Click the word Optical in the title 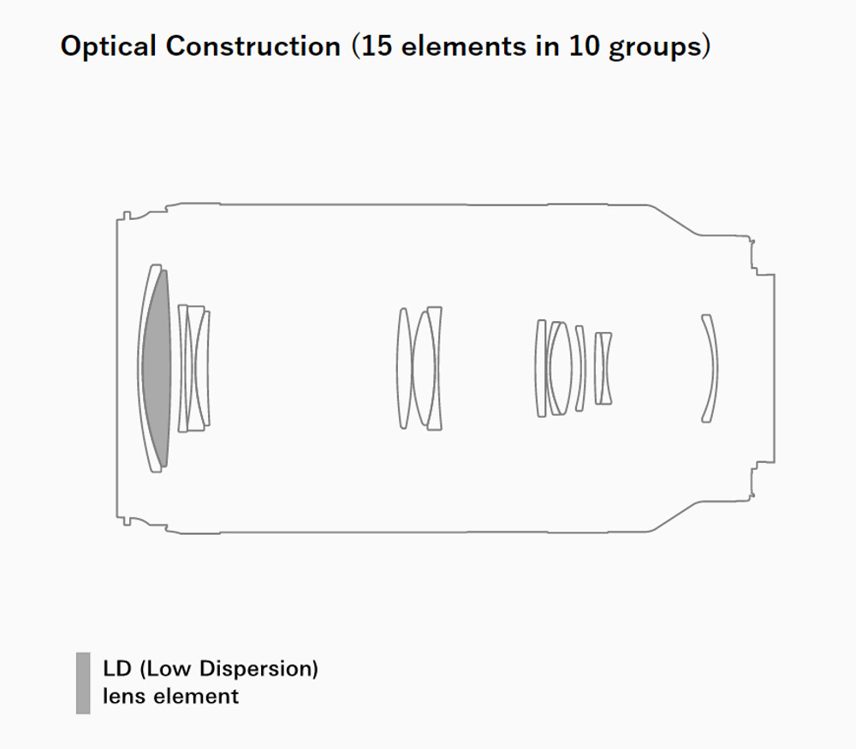(108, 46)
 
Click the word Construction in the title (253, 46)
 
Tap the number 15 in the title (377, 46)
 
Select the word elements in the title (463, 46)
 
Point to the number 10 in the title (584, 46)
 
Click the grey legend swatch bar (83, 683)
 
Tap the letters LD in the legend (116, 669)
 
